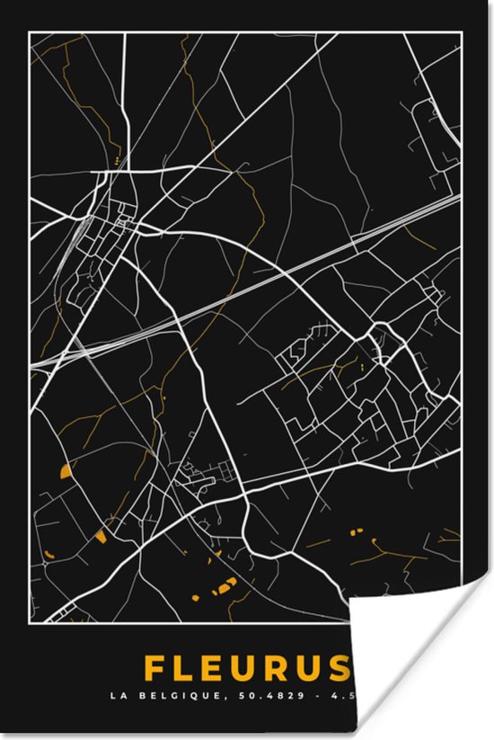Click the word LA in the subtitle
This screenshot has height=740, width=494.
[x=117, y=695]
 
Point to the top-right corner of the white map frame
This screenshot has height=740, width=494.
[x=463, y=32]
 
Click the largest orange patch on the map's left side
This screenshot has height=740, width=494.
[x=66, y=470]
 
